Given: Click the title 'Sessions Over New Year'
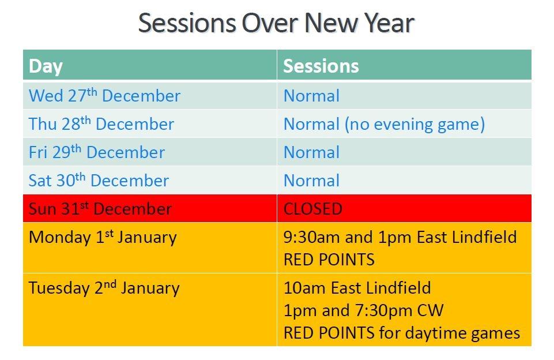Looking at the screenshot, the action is click(x=276, y=23).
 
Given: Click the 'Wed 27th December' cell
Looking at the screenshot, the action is click(x=150, y=96).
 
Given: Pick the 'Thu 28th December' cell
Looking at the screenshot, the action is click(x=150, y=124).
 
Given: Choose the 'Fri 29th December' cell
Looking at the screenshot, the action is click(x=150, y=152).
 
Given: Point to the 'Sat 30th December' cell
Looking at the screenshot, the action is click(x=150, y=181).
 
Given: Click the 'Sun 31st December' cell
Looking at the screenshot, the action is click(x=150, y=208).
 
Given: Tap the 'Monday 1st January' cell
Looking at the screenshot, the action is click(x=150, y=247).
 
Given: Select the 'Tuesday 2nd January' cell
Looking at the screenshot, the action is click(x=150, y=310).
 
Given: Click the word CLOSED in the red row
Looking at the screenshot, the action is click(x=312, y=209).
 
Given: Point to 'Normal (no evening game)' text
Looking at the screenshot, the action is click(x=384, y=125).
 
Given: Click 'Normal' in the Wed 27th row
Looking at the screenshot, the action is click(x=312, y=96).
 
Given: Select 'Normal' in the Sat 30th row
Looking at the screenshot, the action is click(x=312, y=181).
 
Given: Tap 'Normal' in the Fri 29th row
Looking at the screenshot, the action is click(x=312, y=152).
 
